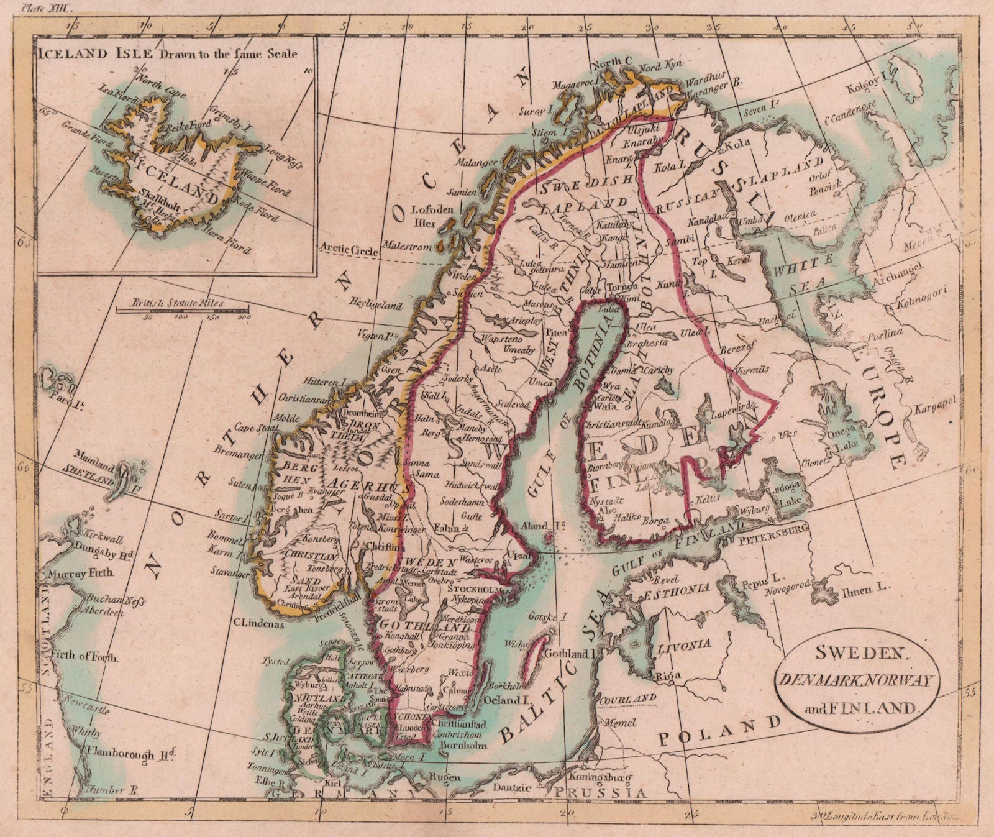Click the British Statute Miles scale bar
tap(184, 309)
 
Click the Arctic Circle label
tap(349, 250)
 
